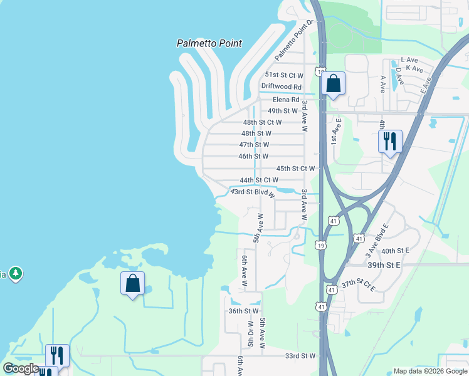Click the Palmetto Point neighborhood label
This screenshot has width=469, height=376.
[209, 44]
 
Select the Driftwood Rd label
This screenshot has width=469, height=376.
[282, 86]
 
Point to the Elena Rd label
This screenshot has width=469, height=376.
[286, 99]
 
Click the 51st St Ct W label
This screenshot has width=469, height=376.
[283, 74]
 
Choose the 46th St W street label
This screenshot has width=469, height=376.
[253, 156]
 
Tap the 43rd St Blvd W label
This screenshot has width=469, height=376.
[253, 192]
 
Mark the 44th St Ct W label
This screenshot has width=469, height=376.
[258, 180]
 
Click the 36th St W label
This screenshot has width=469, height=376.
[243, 311]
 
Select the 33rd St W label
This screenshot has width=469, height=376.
[300, 356]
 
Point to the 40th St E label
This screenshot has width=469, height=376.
[395, 251]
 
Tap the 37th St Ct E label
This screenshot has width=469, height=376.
[358, 285]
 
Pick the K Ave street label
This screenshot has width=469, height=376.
[414, 68]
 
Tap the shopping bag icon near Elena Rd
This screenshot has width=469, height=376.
[333, 83]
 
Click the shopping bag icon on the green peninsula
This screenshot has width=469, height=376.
[132, 283]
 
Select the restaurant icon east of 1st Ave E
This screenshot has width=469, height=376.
[389, 142]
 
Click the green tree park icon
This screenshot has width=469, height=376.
[16, 274]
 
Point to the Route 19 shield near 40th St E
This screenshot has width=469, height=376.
[320, 245]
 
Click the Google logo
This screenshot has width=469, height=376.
[21, 369]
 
